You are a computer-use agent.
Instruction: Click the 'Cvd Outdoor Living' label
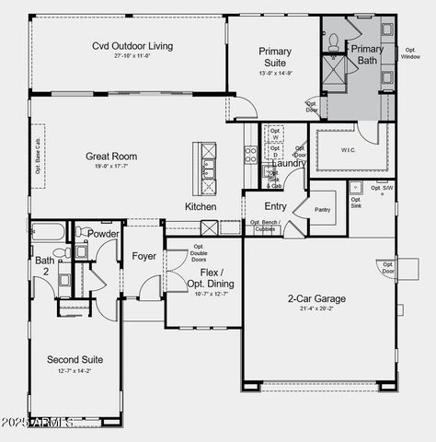[132, 46]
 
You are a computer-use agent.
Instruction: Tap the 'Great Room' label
[111, 157]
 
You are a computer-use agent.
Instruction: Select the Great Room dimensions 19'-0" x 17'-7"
[111, 167]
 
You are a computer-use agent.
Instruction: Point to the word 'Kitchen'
[201, 206]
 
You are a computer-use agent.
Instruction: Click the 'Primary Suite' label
[275, 56]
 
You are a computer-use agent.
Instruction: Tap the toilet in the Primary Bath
[333, 41]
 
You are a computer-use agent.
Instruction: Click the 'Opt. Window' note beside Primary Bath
[410, 53]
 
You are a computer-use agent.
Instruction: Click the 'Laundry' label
[289, 163]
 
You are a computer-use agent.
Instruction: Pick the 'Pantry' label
[322, 210]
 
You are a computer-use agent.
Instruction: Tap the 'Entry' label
[275, 206]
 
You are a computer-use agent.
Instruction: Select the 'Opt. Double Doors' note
[199, 253]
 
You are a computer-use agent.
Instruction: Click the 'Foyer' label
[144, 256]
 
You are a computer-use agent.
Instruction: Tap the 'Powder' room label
[103, 234]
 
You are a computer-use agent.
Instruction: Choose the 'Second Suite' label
[75, 359]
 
